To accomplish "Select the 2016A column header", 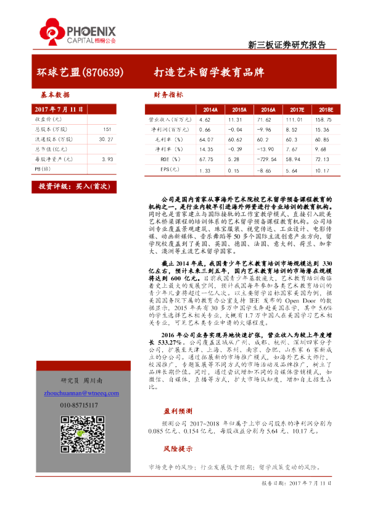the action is click(266, 110).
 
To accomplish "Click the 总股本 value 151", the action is click(107, 129).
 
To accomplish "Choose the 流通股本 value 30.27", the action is click(107, 139).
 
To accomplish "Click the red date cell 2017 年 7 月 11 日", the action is click(58, 109).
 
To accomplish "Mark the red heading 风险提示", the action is click(178, 448).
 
